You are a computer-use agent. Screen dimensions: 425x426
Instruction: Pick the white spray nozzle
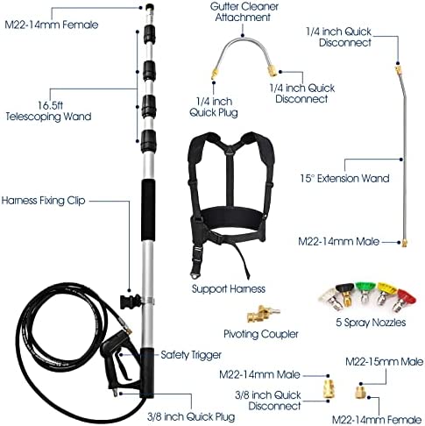(329, 295)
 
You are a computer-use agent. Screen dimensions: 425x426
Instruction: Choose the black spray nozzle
(346, 294)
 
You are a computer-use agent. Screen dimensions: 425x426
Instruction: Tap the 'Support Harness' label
(229, 288)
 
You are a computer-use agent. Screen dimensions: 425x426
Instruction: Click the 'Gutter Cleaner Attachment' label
(244, 11)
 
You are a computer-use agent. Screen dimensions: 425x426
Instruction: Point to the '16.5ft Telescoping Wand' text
(48, 111)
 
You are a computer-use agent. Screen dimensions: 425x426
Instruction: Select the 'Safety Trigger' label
(191, 355)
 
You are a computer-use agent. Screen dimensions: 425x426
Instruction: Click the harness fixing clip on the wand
(131, 302)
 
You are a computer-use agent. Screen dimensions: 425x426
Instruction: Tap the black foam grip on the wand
(148, 210)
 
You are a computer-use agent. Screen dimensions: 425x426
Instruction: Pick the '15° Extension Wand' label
(344, 178)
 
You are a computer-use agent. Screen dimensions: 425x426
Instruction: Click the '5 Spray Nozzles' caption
(371, 323)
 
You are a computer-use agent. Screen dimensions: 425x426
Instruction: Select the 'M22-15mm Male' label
(384, 362)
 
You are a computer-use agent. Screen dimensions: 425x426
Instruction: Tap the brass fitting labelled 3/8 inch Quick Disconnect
(329, 388)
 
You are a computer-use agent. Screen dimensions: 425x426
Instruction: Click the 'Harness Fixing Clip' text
(43, 201)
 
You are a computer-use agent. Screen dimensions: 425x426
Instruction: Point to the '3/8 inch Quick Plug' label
(191, 416)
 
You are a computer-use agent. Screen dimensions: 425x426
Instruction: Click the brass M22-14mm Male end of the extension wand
(404, 243)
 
